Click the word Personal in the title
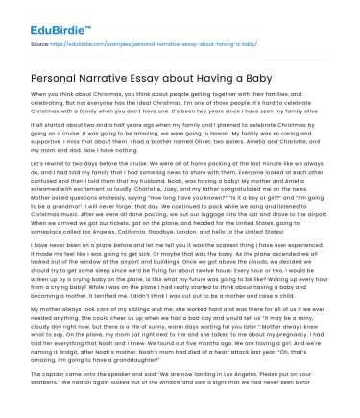tap(59, 76)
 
